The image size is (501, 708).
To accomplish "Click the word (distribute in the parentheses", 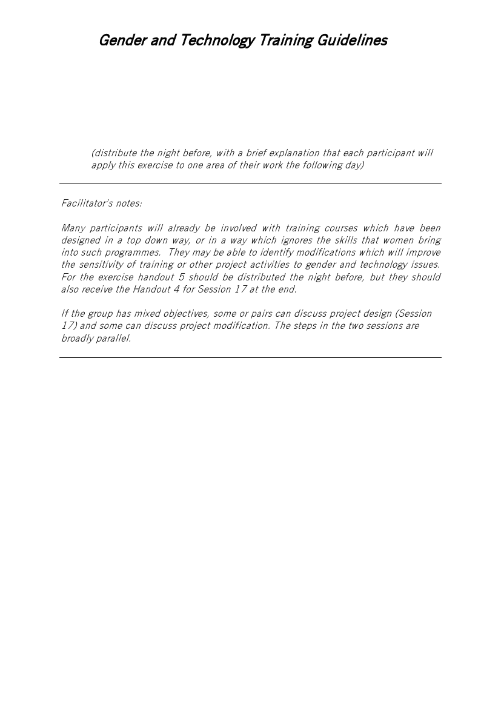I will (x=114, y=153).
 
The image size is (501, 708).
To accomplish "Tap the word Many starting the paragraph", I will (x=73, y=228).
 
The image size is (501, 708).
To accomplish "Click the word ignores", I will (x=297, y=240).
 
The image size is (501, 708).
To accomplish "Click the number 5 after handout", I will (x=182, y=277).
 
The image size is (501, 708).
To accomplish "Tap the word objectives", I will (x=185, y=314).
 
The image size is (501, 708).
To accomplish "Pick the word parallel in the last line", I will (x=113, y=338).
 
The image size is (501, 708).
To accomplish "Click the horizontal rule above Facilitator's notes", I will (x=250, y=184).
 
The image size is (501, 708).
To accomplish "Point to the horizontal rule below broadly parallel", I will (x=250, y=357).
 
